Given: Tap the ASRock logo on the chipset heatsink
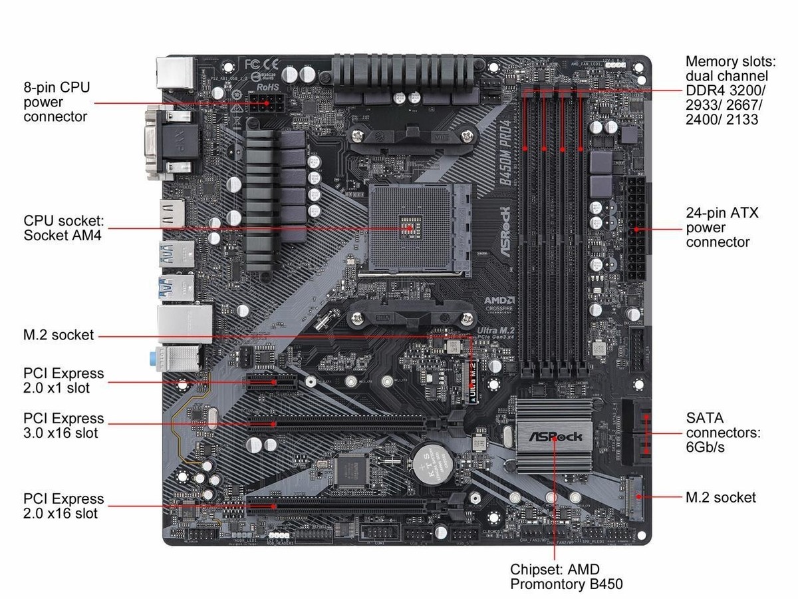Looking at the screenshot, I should click(x=554, y=437).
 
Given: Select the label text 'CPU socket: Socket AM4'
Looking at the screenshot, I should click(x=63, y=228).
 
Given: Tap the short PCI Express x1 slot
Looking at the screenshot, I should click(x=273, y=383).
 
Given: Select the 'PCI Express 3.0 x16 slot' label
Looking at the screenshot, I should click(x=63, y=425).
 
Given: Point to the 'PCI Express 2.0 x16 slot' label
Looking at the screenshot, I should click(x=63, y=506).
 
